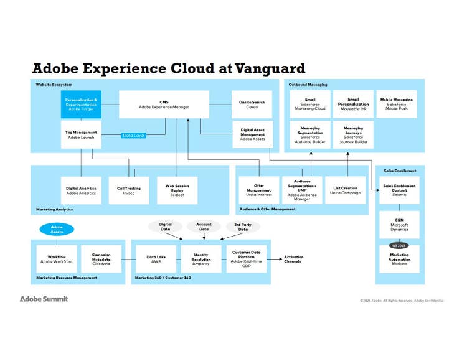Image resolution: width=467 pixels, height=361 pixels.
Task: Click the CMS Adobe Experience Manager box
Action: pyautogui.click(x=164, y=105)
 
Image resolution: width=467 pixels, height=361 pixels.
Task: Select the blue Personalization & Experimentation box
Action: pyautogui.click(x=81, y=105)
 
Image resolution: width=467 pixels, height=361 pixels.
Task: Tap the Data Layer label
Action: pyautogui.click(x=133, y=135)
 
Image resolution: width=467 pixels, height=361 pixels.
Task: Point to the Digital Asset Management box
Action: pyautogui.click(x=252, y=134)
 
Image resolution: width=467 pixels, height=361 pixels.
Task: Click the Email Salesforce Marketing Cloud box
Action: pyautogui.click(x=310, y=104)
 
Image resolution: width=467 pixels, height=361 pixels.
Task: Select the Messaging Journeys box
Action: pyautogui.click(x=353, y=134)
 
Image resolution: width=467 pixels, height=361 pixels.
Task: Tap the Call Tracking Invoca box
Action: pyautogui.click(x=129, y=190)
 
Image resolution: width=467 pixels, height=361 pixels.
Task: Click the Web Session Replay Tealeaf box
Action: pyautogui.click(x=177, y=190)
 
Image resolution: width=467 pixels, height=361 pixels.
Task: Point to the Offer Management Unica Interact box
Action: pyautogui.click(x=258, y=190)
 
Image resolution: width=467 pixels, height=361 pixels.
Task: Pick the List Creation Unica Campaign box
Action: pyautogui.click(x=345, y=190)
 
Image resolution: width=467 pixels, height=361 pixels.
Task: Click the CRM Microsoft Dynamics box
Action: pyautogui.click(x=399, y=225)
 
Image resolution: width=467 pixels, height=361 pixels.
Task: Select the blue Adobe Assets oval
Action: pyautogui.click(x=57, y=230)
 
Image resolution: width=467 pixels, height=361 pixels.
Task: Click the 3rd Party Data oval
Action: pyautogui.click(x=243, y=227)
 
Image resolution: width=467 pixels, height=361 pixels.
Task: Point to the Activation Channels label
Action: pyautogui.click(x=293, y=259)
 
